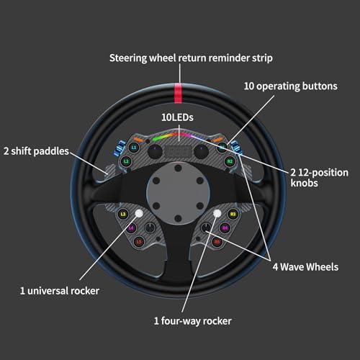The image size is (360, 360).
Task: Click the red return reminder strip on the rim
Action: pos(178,93)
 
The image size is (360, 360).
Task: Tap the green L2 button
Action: pos(127,161)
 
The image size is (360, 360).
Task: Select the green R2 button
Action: pos(230,161)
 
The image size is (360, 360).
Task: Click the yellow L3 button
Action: pos(123,214)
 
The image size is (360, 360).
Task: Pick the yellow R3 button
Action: pos(233,214)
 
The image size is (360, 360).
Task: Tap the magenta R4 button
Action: pos(225,228)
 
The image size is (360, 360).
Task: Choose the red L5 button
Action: pos(139,241)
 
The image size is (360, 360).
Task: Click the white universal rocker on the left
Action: pos(139,213)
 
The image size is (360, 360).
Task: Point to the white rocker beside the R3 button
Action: pos(217,213)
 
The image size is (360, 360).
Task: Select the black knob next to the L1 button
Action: pos(155,151)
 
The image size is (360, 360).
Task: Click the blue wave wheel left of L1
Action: pos(120,148)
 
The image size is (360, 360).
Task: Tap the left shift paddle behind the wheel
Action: pos(109,172)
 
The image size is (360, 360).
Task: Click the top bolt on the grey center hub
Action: pos(178,168)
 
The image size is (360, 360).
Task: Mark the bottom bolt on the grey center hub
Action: pos(178,218)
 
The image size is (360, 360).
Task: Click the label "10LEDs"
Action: pos(177,117)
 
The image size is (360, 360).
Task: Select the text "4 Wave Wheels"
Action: pos(305,267)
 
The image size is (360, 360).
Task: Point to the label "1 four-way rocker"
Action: pos(193,321)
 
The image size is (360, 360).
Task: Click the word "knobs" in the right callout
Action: pos(304,183)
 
